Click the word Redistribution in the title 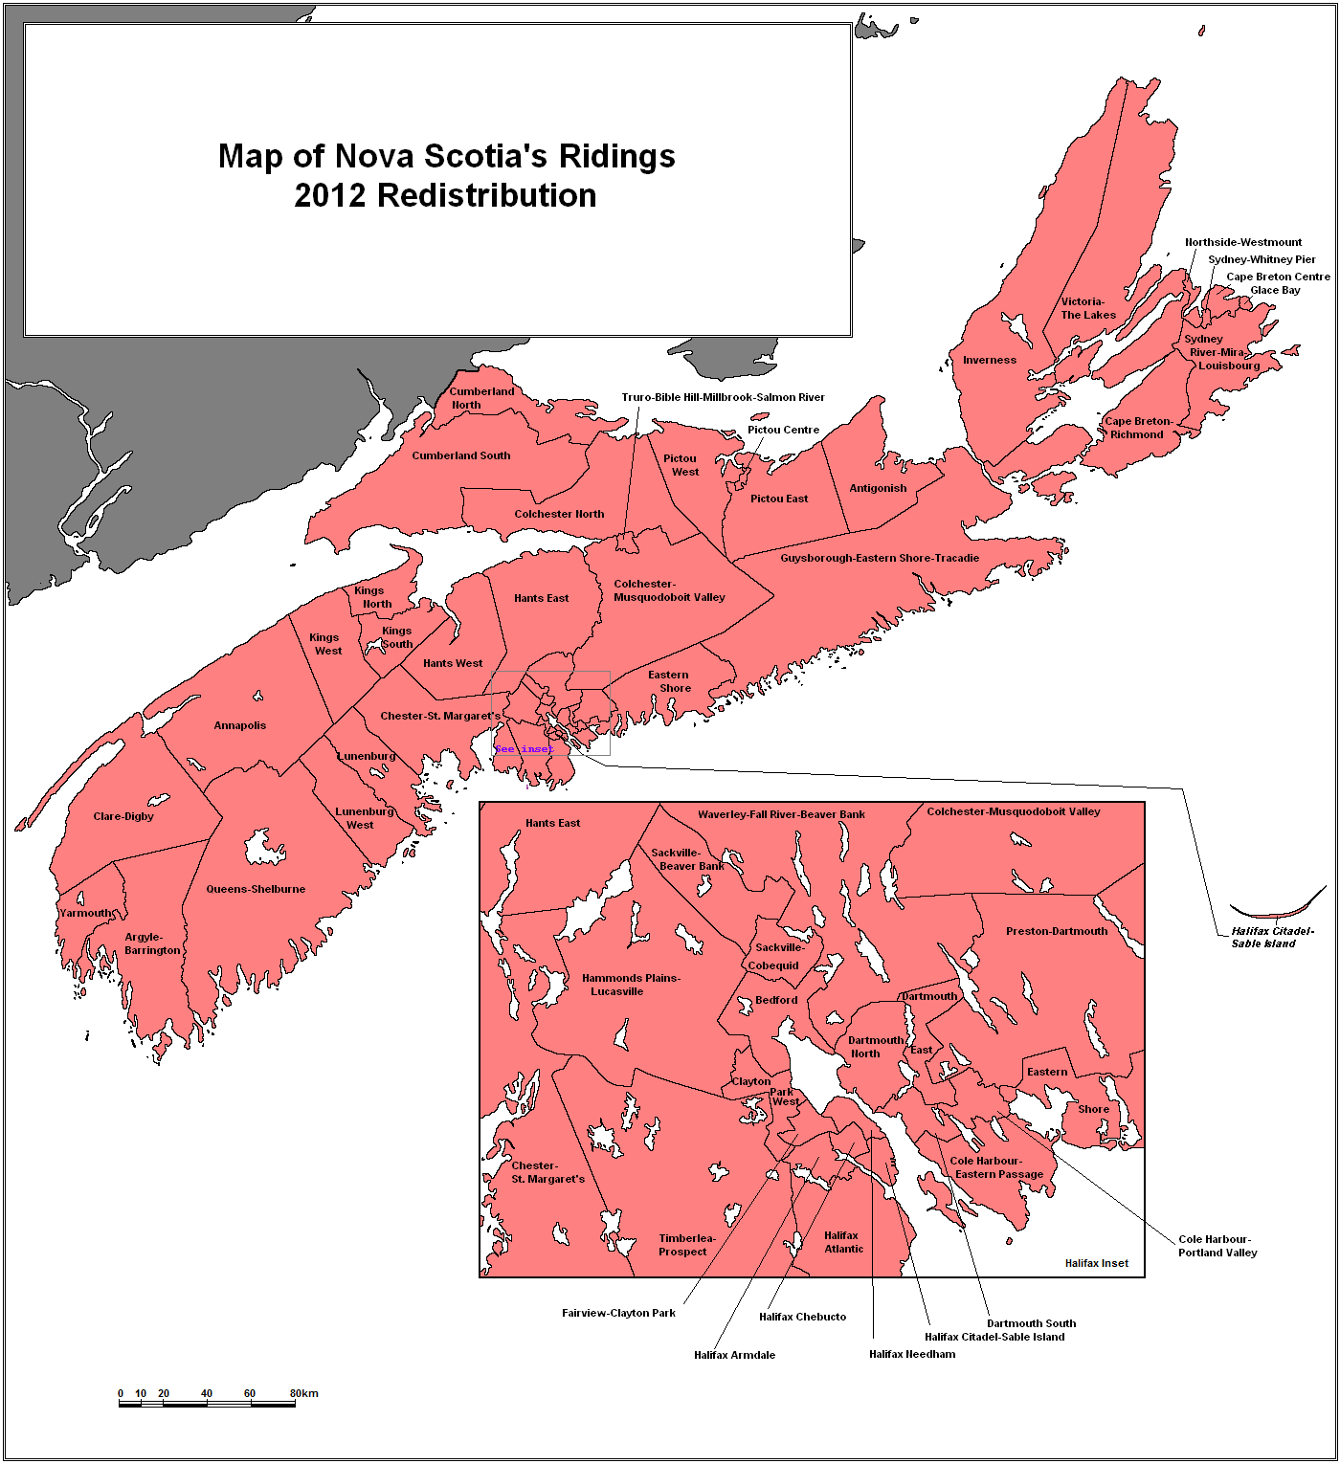pos(486,195)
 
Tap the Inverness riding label pos(989,361)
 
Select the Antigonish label pos(878,488)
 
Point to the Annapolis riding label pos(240,725)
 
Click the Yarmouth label pos(85,913)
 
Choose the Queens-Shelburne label pos(256,889)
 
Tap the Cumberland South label pos(460,455)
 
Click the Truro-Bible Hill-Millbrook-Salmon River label pos(723,397)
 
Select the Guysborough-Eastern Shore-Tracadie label pos(879,558)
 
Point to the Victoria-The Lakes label pos(1087,308)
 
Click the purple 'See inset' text pos(524,749)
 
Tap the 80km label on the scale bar pos(304,1393)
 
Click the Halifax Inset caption pos(1096,1263)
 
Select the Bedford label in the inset pos(775,1000)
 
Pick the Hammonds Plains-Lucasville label pos(631,985)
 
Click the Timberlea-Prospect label pos(686,1245)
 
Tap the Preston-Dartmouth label pos(1056,931)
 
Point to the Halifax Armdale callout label pos(734,1355)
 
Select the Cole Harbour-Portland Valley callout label pos(1217,1246)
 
